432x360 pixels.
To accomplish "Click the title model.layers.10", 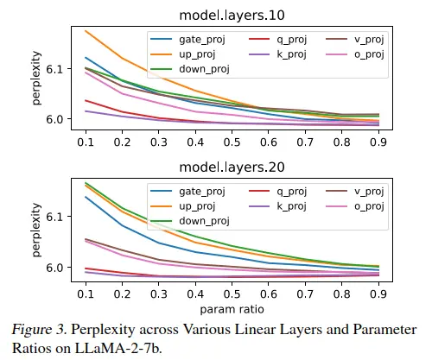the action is point(232,16).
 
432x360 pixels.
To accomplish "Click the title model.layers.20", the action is point(232,167).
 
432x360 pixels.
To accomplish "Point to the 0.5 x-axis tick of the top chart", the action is point(232,142).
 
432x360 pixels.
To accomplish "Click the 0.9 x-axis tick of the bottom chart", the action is point(378,294).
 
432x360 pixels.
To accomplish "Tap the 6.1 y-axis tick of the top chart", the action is point(54,69).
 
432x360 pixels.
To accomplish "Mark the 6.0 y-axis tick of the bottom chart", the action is point(54,268).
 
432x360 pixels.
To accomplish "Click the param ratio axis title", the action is point(232,310).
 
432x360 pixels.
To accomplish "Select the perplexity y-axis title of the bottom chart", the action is point(36,230).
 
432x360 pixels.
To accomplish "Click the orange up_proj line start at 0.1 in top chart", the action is point(86,30).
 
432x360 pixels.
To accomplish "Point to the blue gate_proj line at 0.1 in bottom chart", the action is point(86,197).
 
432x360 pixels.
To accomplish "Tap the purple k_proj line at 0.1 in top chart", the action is point(86,111).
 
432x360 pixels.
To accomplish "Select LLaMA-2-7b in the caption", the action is point(118,349).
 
